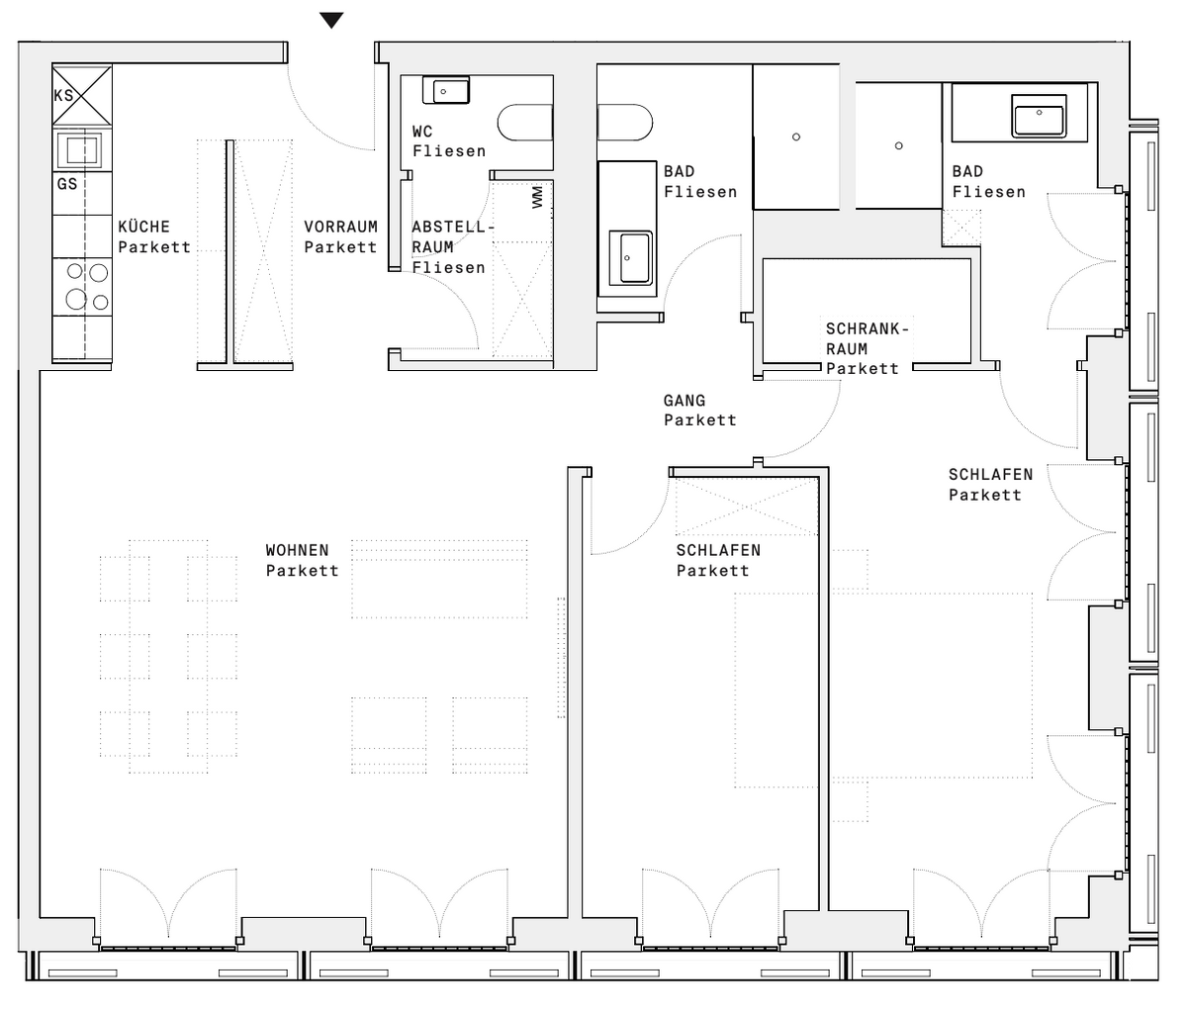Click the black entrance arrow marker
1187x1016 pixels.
pos(331,20)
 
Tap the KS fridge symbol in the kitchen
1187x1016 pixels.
pos(82,95)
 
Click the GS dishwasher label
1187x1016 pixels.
pos(67,184)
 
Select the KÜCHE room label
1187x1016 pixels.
pos(144,227)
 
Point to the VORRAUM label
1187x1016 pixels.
pos(341,227)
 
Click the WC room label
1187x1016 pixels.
pos(422,132)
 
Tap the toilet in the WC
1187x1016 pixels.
pos(525,123)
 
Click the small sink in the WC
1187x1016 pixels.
pos(446,90)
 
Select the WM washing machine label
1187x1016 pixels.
pos(537,197)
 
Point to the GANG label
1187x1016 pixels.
pos(685,401)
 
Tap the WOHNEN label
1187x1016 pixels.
pos(298,550)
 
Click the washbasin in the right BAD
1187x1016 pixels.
pos(1039,116)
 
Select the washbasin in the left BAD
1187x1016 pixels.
pos(631,258)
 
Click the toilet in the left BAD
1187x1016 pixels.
pos(625,123)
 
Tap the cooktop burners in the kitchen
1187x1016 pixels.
pos(87,287)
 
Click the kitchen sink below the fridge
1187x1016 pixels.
pos(84,150)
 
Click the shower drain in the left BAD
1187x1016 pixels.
pos(796,137)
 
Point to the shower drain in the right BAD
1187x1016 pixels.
pos(899,145)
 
